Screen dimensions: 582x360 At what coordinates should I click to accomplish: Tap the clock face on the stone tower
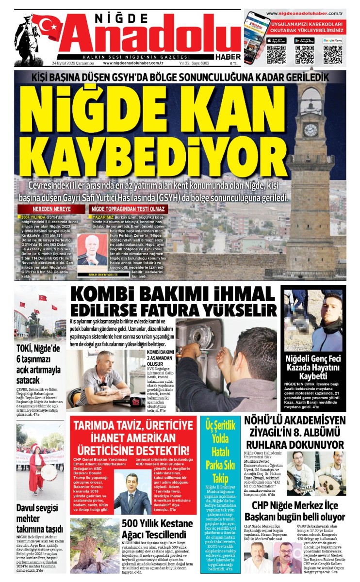(310, 129)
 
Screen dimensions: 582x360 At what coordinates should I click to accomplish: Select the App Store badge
(276, 41)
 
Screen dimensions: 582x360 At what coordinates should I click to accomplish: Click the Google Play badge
(304, 41)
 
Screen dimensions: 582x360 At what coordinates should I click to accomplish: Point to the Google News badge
(333, 41)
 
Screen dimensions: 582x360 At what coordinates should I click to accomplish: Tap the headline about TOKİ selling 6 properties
(39, 364)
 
